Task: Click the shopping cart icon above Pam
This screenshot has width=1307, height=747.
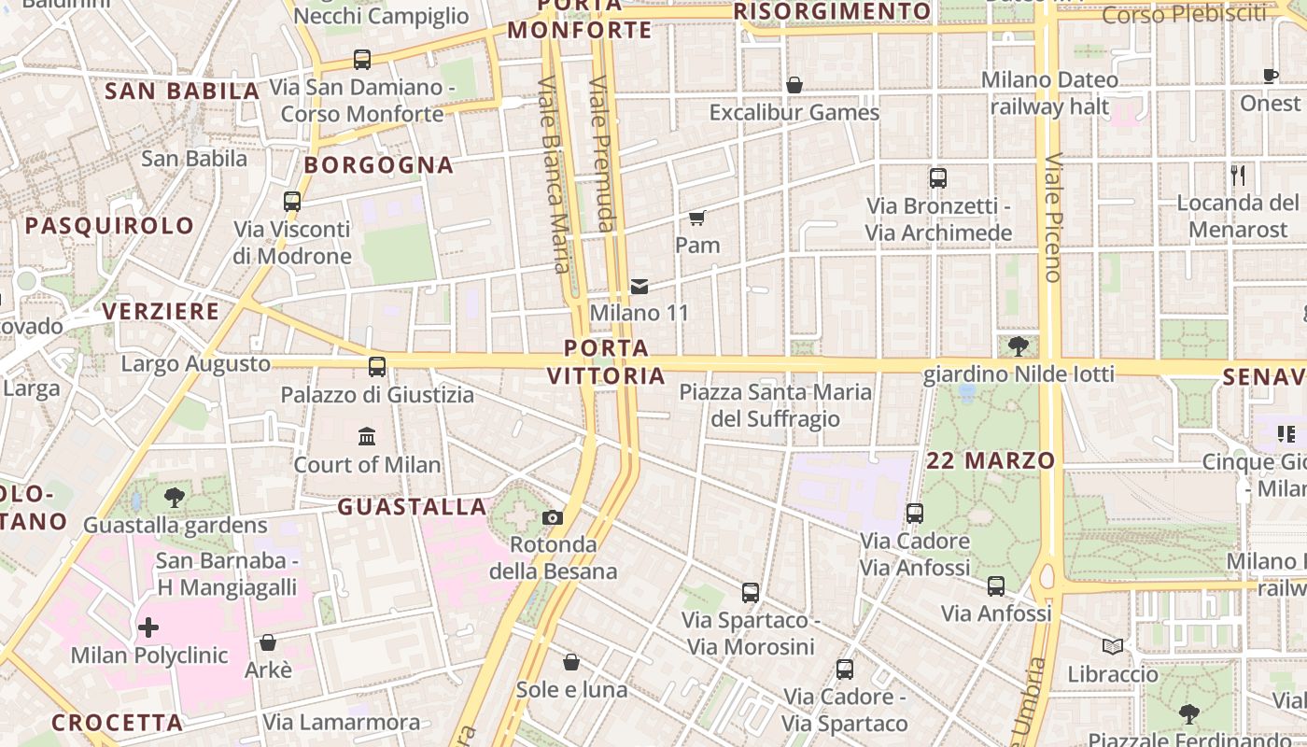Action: point(696,218)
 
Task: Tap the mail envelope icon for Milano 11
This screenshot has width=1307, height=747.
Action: point(639,286)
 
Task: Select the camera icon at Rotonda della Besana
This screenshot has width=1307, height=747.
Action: point(553,517)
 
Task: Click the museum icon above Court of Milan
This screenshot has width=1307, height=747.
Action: point(367,436)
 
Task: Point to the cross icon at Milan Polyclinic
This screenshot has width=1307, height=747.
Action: point(148,627)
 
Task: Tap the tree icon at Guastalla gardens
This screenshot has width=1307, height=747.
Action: point(174,498)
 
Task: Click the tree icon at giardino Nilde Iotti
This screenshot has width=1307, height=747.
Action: point(1019,346)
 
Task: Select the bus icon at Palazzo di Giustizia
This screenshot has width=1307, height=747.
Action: point(377,366)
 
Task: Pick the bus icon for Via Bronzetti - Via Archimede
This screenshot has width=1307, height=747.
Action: point(938,177)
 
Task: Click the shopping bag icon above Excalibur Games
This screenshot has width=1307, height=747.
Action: point(794,85)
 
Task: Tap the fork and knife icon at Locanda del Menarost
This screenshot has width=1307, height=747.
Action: point(1238,175)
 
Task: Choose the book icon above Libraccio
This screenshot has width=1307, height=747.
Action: point(1113,646)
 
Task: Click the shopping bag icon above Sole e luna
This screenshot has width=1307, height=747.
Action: point(571,662)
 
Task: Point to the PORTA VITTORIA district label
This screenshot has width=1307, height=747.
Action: point(607,362)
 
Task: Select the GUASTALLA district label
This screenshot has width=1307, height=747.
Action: point(412,507)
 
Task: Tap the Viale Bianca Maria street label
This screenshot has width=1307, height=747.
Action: point(554,174)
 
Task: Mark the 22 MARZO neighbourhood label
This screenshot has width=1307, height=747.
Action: point(991,460)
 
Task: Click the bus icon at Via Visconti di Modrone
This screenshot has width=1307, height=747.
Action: point(292,201)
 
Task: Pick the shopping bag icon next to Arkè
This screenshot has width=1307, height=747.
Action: point(268,642)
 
